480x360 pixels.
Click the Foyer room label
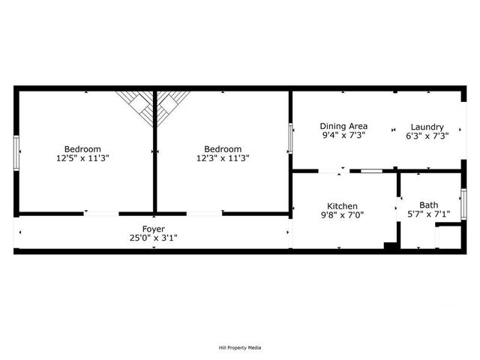(x=153, y=229)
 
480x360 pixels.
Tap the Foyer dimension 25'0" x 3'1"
(x=153, y=238)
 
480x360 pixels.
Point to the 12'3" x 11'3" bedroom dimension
(x=223, y=158)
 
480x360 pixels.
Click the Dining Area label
(x=343, y=126)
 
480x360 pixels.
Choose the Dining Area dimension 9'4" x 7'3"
(x=343, y=136)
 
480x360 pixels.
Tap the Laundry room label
(x=427, y=127)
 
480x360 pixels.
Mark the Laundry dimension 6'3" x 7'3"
(x=427, y=136)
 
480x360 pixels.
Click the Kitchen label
(x=342, y=206)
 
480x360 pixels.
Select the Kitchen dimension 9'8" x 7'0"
(x=342, y=217)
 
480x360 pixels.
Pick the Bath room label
(x=429, y=205)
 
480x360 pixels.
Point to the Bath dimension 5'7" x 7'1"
(x=429, y=215)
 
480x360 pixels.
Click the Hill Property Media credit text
(x=240, y=347)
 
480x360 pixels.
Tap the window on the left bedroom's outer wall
(x=16, y=152)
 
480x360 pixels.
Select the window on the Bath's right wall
(x=463, y=204)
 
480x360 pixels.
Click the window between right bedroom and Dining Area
(x=291, y=137)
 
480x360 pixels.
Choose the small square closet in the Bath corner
(x=448, y=236)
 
